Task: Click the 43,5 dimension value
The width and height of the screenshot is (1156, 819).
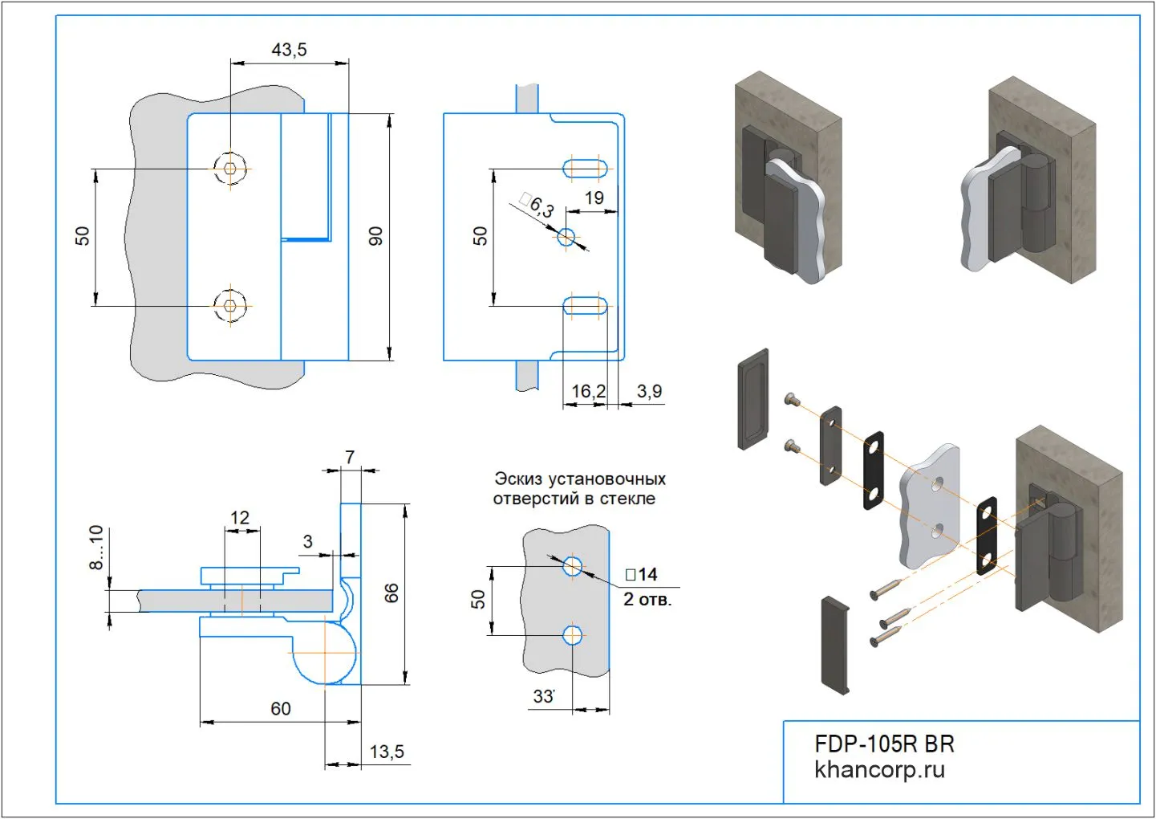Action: point(289,50)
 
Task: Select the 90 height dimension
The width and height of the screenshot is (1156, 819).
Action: point(375,236)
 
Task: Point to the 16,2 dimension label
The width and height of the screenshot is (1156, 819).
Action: point(588,391)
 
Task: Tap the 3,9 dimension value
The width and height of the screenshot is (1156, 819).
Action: point(649,391)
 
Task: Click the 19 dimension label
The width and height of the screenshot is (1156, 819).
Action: point(594,198)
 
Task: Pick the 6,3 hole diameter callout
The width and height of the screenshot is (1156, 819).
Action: point(537,206)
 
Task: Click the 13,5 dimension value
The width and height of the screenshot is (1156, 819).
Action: point(387,752)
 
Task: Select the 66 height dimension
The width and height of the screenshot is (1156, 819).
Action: point(391,593)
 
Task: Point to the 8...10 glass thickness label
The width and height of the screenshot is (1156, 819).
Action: point(96,548)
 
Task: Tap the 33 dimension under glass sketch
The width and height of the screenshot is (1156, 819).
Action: point(544,696)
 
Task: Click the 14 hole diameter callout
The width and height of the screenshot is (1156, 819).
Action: point(642,574)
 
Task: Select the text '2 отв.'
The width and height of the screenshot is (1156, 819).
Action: point(647,599)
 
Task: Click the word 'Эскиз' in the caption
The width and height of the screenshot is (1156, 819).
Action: point(517,479)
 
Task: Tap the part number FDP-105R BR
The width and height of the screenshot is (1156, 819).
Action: point(884,744)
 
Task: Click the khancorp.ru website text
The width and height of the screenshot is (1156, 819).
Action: point(879,770)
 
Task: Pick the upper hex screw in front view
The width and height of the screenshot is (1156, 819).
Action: point(231,169)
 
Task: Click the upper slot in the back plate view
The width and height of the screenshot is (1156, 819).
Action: point(585,169)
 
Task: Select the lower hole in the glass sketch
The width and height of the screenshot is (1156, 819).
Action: point(572,636)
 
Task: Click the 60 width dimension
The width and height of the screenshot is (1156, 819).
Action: point(281,709)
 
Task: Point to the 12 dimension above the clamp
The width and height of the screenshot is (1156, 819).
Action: point(240,518)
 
